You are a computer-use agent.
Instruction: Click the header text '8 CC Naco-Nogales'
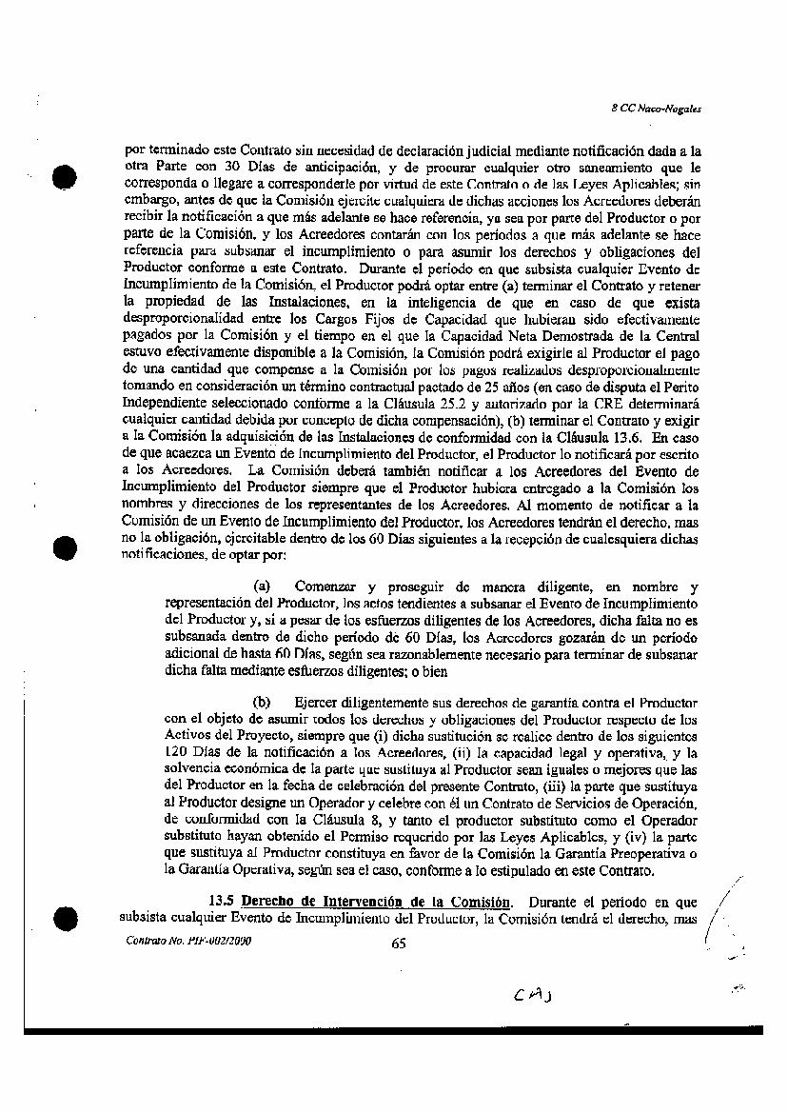[x=656, y=109]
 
